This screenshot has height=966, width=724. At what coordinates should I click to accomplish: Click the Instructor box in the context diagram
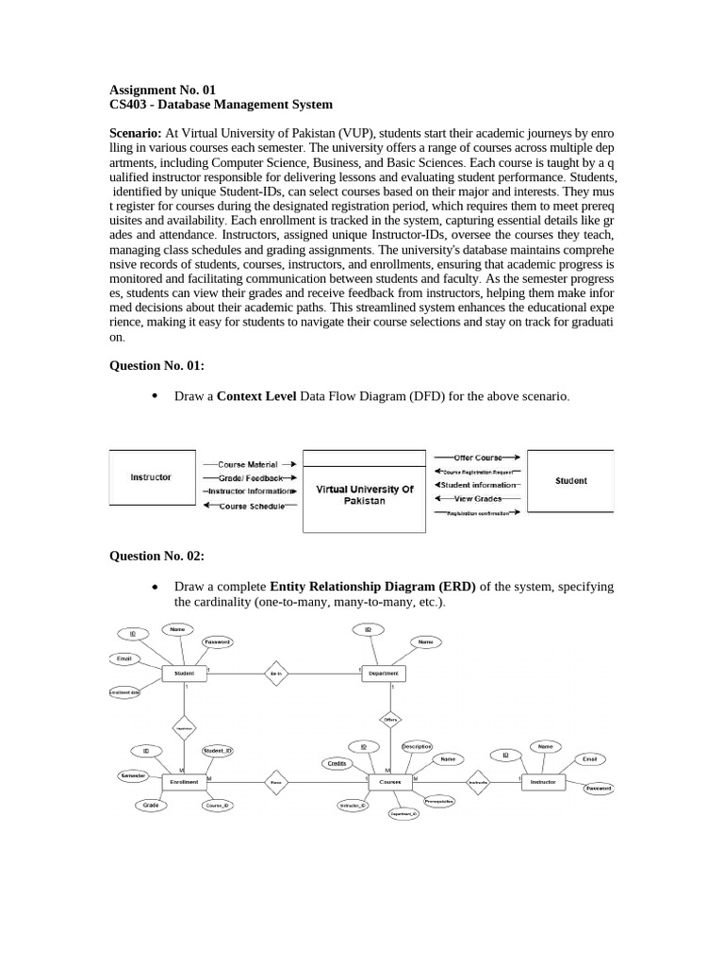point(151,477)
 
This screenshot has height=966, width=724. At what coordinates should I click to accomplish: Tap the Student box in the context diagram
point(570,480)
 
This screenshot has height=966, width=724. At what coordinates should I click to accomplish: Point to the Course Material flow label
point(247,464)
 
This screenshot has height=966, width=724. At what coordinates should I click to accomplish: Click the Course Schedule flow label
point(251,507)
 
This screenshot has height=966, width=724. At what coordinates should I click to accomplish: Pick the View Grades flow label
point(477,498)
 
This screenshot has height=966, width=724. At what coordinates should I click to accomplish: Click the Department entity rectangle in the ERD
point(384,674)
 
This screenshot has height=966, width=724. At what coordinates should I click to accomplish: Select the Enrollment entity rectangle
point(184,782)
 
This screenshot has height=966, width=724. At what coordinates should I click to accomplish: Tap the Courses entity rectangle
point(389,782)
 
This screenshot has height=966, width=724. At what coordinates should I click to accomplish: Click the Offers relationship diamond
point(390,720)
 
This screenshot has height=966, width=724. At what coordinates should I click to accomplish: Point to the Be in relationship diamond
point(275,674)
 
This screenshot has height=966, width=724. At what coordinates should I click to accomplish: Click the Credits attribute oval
point(337,762)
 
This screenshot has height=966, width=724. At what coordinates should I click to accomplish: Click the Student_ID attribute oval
point(218,751)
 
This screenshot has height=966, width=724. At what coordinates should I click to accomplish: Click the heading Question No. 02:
point(156,557)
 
